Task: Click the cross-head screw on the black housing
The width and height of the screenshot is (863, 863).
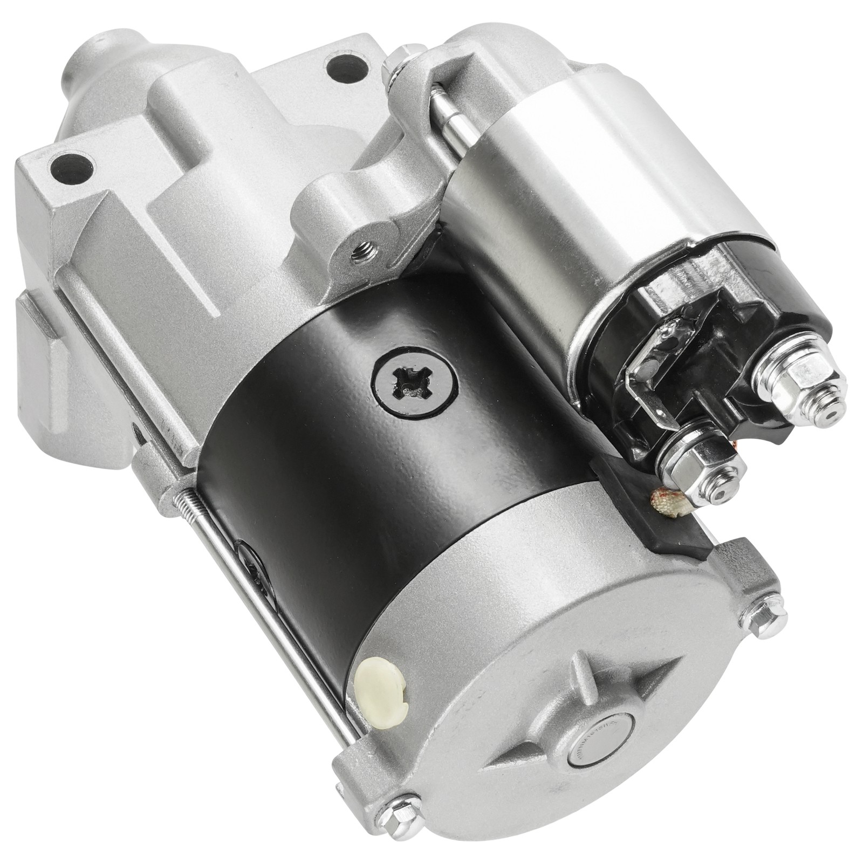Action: click(x=413, y=385)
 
